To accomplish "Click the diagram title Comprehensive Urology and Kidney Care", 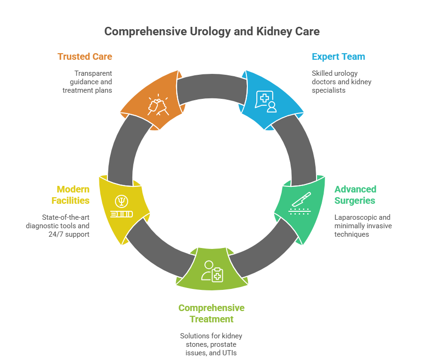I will pyautogui.click(x=212, y=32).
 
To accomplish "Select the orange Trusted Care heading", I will pyautogui.click(x=85, y=56).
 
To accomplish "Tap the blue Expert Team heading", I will pyautogui.click(x=338, y=56).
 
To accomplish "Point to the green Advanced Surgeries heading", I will pyautogui.click(x=355, y=195).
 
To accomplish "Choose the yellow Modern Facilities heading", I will pyautogui.click(x=73, y=195).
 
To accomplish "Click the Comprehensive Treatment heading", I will pyautogui.click(x=211, y=313).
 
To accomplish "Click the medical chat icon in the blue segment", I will pyautogui.click(x=266, y=101).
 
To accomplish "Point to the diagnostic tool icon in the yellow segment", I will pyautogui.click(x=121, y=208).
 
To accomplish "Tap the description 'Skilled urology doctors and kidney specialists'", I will pyautogui.click(x=342, y=81).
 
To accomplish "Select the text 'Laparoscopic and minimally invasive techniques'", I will pyautogui.click(x=363, y=225).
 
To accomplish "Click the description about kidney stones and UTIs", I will pyautogui.click(x=211, y=344).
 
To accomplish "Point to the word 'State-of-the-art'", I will pyautogui.click(x=55, y=217).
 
